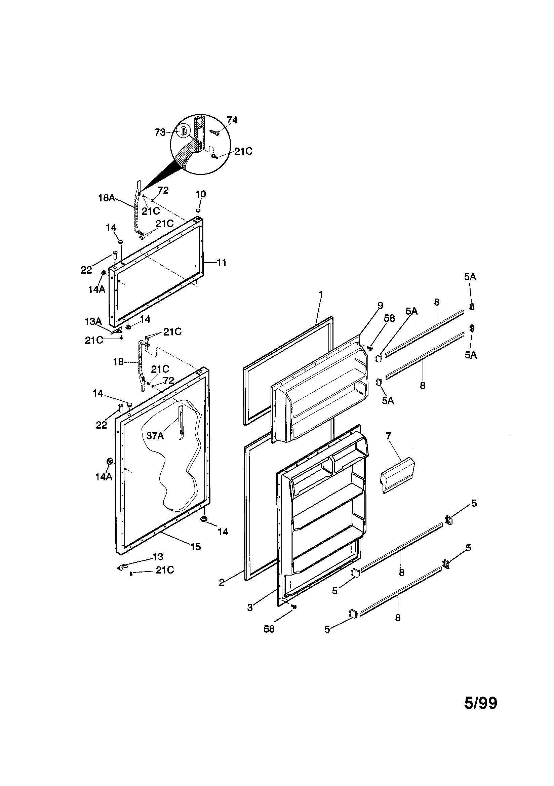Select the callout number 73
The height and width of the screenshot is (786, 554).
click(160, 132)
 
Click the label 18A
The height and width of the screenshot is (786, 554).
click(107, 198)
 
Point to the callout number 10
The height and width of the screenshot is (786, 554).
click(201, 194)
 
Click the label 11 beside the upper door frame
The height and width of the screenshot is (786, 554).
click(222, 263)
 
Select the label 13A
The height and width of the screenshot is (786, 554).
click(93, 321)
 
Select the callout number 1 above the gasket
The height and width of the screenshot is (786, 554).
click(320, 294)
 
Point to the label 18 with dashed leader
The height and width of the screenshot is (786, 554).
click(118, 362)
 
